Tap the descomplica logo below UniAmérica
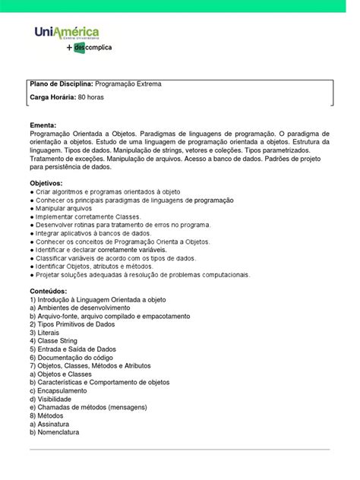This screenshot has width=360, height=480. (x=90, y=48)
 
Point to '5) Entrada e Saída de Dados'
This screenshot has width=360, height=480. (x=77, y=349)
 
